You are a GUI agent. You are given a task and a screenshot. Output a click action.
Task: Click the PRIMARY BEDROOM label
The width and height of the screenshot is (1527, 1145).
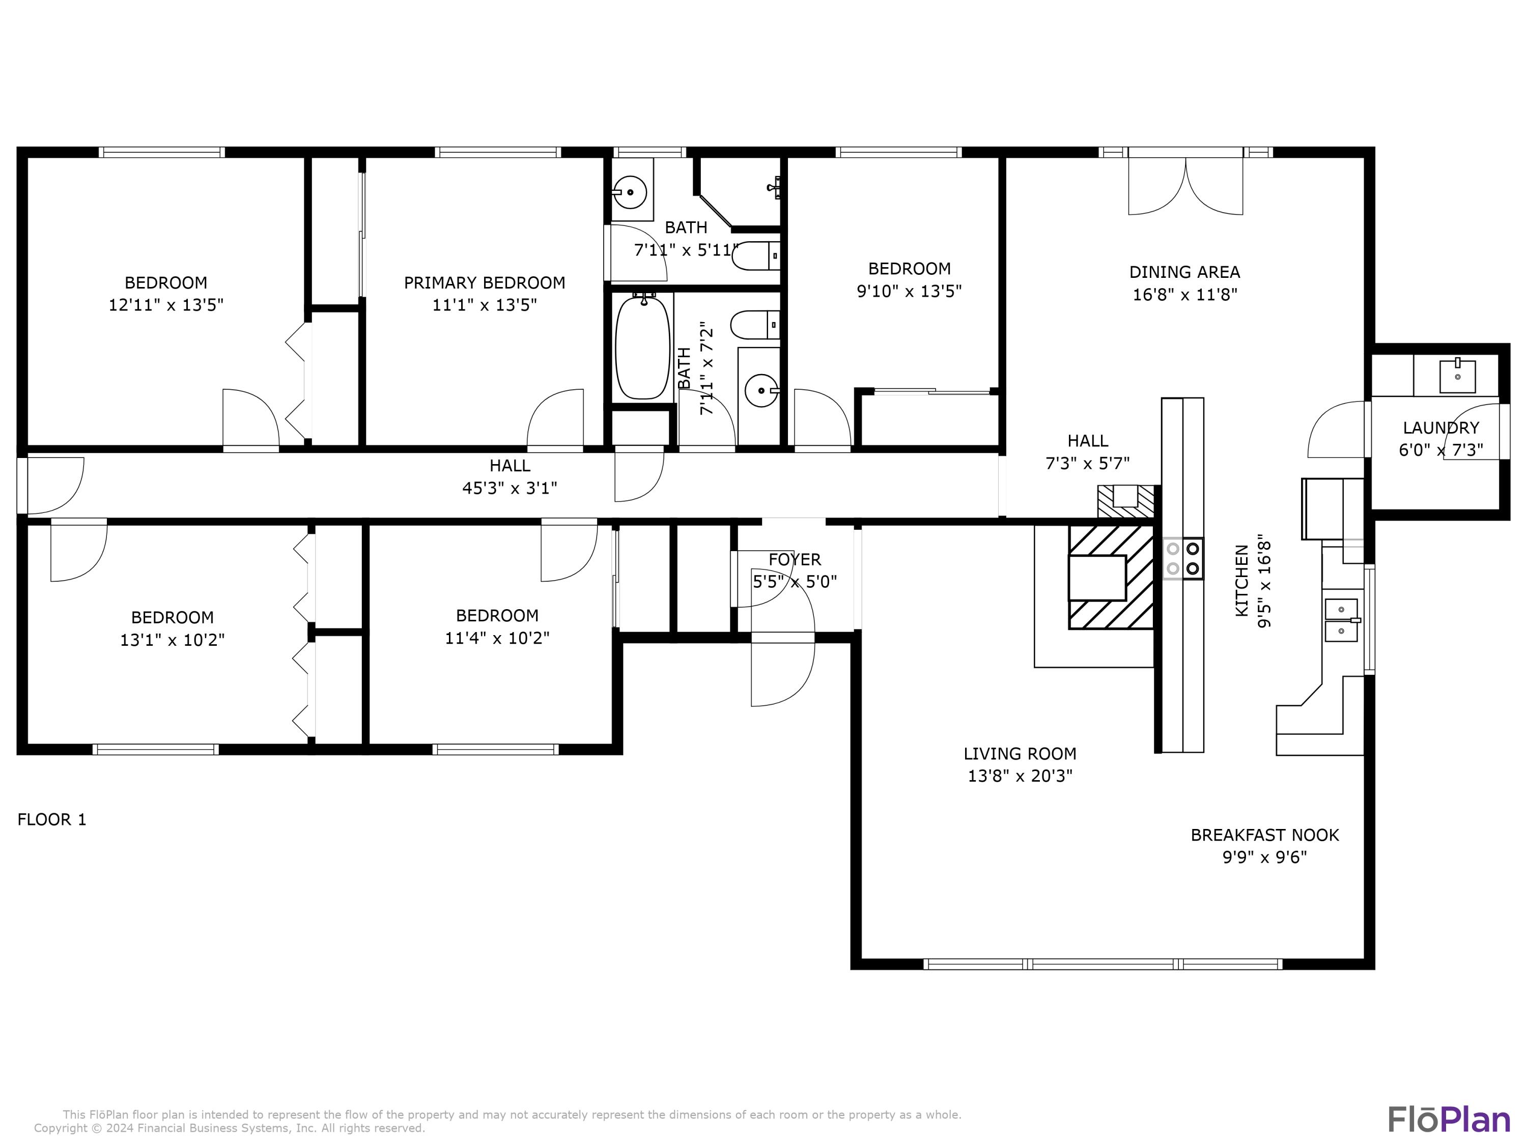484,282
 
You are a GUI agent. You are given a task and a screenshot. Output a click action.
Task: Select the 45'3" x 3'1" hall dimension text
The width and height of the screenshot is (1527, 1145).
510,488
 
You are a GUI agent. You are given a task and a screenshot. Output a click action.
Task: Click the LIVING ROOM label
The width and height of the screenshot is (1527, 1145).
1020,754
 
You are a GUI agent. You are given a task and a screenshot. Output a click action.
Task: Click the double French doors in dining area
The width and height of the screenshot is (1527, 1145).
1185,185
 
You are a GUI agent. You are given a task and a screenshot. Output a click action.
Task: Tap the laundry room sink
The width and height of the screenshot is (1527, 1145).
1457,376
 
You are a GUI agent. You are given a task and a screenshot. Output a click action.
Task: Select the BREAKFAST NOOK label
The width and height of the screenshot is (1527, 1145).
1265,835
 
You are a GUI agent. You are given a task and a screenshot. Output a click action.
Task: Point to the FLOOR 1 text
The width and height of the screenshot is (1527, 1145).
52,819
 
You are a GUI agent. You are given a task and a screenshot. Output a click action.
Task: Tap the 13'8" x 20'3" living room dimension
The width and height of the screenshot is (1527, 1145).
1020,776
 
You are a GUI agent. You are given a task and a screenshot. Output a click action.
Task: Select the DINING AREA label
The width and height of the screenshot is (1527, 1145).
1184,272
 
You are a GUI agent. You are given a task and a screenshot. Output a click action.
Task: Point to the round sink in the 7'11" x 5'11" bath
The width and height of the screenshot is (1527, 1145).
630,191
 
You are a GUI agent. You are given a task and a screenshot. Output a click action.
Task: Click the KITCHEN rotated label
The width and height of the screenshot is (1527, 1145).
1241,581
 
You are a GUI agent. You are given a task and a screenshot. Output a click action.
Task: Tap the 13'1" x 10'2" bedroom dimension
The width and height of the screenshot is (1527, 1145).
173,640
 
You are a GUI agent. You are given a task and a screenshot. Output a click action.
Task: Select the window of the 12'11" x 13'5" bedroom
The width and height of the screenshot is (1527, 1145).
161,152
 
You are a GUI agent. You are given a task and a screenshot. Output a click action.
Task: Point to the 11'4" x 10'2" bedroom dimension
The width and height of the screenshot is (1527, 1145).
497,638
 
